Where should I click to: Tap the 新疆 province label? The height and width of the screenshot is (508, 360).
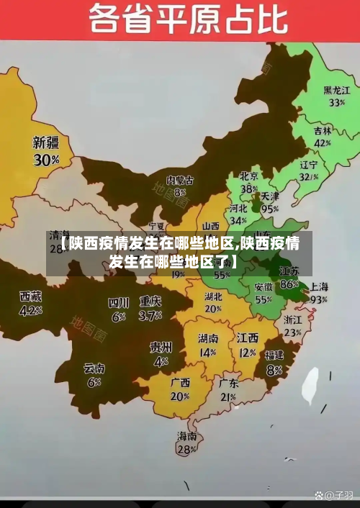tap(46, 142)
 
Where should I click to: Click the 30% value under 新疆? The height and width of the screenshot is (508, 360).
tap(46, 160)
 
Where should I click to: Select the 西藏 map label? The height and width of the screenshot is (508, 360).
tap(30, 296)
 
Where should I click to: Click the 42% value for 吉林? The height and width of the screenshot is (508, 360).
tap(323, 143)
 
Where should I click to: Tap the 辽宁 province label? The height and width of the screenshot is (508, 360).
tap(309, 164)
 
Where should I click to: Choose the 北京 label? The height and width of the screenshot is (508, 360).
tap(249, 176)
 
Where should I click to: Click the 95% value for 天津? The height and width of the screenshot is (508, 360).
tap(270, 209)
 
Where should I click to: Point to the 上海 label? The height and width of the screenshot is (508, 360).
tap(318, 286)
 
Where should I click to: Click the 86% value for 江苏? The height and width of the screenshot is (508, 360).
tap(289, 284)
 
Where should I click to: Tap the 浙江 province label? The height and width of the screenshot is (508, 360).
tap(292, 319)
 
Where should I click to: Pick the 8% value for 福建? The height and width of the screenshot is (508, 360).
tap(274, 370)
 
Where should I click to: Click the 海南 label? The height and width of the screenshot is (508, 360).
tap(186, 436)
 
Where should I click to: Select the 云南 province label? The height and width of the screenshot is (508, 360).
tap(94, 368)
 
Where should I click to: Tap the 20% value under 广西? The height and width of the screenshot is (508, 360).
tap(180, 396)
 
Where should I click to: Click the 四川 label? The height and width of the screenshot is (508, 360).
tap(118, 302)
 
